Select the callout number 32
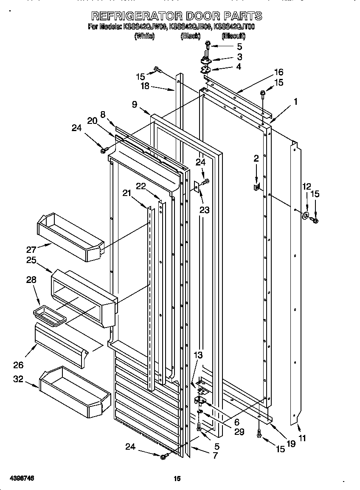[x=18, y=379]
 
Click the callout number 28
[x=31, y=280]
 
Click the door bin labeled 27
[x=70, y=238]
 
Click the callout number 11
[x=302, y=438]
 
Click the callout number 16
[x=278, y=72]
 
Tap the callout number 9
[x=135, y=105]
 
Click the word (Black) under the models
[x=190, y=36]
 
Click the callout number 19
[x=290, y=444]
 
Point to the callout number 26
[x=18, y=365]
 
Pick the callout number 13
[x=198, y=355]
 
